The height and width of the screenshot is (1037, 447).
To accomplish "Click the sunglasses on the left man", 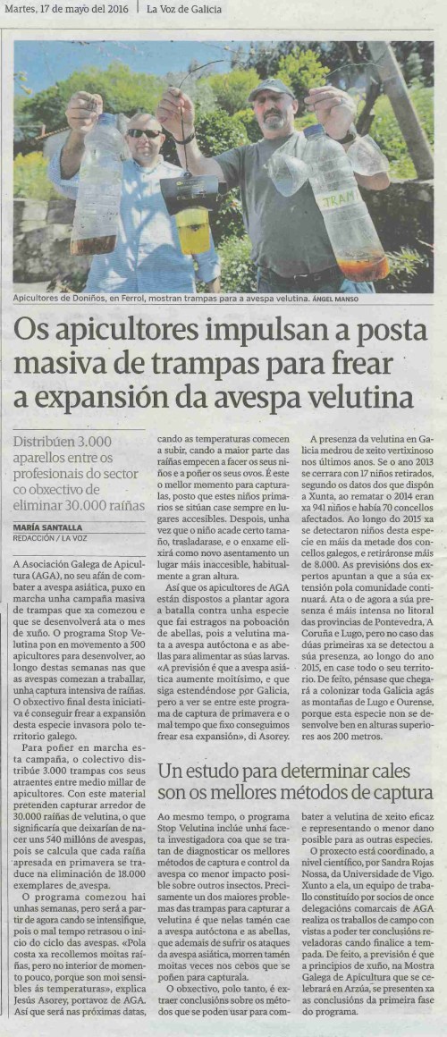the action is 144,133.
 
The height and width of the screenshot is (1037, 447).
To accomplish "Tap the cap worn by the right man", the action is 271,88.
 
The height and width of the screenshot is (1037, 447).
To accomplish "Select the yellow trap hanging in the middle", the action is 193,228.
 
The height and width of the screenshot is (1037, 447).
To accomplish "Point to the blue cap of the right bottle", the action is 313,130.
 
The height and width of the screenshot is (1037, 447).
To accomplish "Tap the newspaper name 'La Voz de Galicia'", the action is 186,11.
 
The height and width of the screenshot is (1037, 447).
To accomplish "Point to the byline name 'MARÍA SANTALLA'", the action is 50,527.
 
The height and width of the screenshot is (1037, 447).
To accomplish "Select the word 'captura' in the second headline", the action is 401,791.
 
